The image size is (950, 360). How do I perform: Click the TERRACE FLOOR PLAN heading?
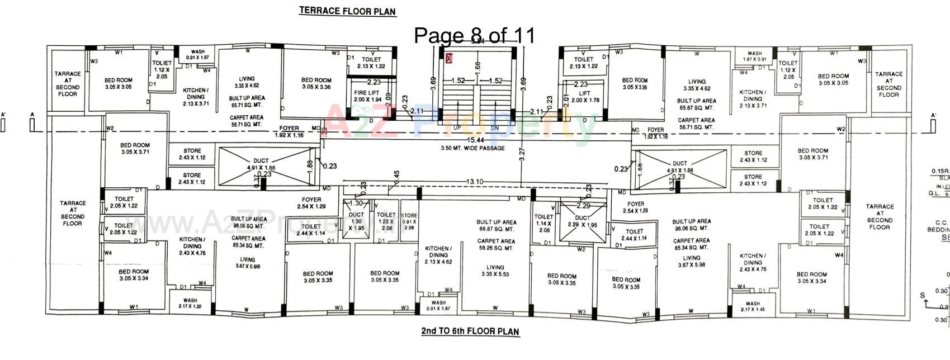coord(348,11)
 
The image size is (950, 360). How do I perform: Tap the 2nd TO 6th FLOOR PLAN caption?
coord(470,331)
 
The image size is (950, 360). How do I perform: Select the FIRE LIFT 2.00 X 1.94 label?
coord(366,96)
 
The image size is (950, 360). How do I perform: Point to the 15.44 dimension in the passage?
coord(476,140)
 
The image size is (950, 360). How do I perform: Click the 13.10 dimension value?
coord(474,182)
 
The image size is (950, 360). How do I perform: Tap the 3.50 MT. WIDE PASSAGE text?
coord(472,148)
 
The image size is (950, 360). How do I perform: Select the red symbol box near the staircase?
coord(449,58)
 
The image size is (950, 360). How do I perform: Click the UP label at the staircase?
coord(457,127)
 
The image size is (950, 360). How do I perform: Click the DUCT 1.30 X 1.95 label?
coord(356,221)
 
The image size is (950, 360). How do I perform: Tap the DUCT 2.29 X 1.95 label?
coord(583,221)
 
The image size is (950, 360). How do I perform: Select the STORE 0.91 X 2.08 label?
coord(409,221)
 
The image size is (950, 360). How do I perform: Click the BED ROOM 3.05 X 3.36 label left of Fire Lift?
coord(316,83)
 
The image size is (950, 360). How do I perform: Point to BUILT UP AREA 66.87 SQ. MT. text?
coord(496,225)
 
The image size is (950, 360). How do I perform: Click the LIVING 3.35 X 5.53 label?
coord(495,271)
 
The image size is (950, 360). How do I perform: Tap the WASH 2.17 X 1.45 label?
coord(753,306)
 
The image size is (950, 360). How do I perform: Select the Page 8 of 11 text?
coord(474,35)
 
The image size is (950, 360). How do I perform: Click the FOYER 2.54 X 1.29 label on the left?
coord(311,203)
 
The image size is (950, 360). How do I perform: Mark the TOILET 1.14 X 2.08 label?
coord(543,223)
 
